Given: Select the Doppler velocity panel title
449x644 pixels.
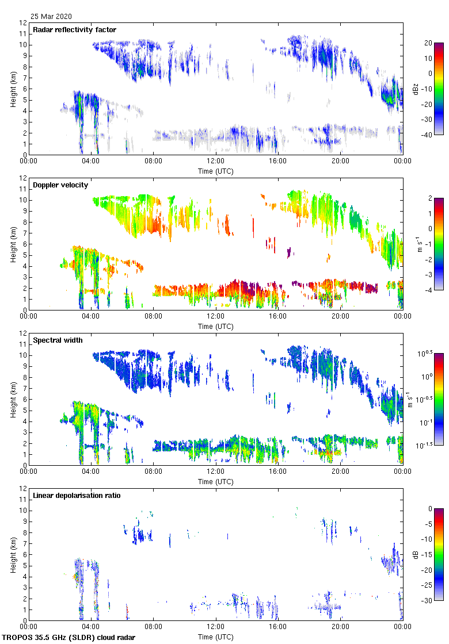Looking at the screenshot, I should (57, 185).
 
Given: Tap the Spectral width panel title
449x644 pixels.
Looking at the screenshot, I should (58, 340).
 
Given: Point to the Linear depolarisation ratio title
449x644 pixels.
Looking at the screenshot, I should (77, 495).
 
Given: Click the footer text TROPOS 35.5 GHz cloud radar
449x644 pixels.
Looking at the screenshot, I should (69, 638).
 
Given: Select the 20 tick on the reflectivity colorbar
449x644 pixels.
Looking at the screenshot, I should (428, 43).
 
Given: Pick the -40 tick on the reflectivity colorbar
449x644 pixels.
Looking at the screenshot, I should (428, 135).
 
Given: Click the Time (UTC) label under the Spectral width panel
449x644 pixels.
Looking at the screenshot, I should (216, 481).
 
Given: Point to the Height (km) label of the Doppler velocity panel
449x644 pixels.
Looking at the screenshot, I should (13, 243).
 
